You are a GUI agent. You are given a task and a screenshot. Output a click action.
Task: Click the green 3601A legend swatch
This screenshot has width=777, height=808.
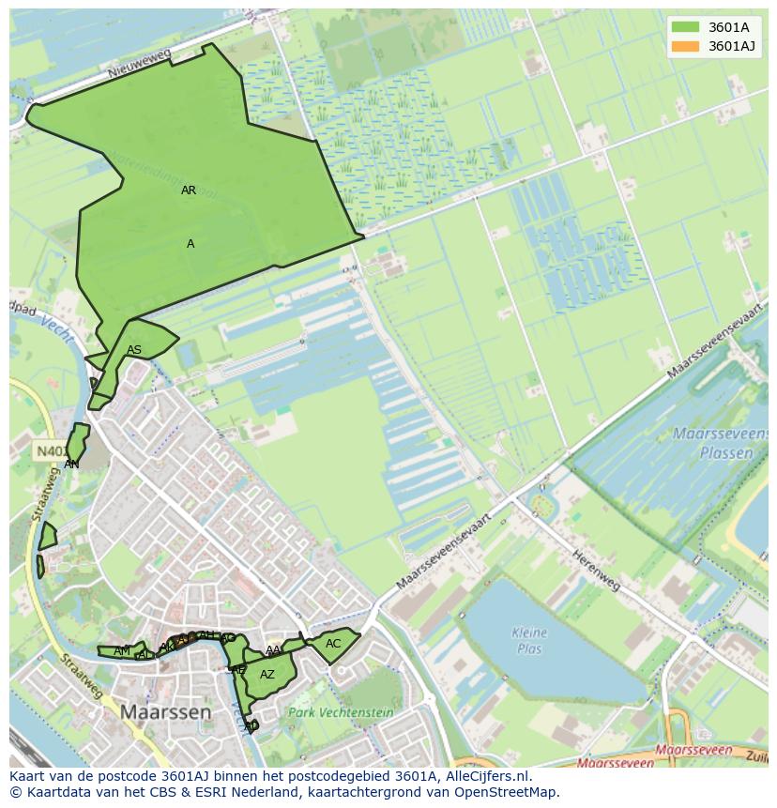click(685, 27)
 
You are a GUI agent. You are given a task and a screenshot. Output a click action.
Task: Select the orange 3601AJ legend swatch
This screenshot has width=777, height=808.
click(685, 46)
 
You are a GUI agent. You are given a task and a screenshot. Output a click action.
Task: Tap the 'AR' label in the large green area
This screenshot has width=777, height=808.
click(189, 191)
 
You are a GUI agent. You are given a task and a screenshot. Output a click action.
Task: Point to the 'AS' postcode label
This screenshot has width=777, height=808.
click(134, 351)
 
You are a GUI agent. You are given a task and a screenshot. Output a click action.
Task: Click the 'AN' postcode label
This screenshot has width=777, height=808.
click(71, 465)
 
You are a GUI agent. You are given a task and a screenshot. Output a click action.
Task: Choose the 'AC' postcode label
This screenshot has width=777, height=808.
click(333, 644)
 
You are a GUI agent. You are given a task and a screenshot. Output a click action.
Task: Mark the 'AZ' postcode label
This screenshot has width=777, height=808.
click(267, 675)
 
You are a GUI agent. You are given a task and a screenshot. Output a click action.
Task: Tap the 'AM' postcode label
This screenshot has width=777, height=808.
click(122, 651)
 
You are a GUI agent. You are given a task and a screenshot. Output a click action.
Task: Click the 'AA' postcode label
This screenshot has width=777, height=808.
click(273, 650)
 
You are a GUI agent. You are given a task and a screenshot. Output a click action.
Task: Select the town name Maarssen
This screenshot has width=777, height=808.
click(165, 712)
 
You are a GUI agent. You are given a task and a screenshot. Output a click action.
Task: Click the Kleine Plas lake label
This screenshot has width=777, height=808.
click(529, 640)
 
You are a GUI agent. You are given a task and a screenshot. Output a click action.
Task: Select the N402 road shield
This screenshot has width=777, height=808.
click(51, 451)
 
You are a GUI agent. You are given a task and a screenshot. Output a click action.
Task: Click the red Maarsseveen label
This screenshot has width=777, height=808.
click(693, 751)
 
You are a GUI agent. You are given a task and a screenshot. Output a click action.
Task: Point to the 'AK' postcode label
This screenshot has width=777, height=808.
click(166, 648)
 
